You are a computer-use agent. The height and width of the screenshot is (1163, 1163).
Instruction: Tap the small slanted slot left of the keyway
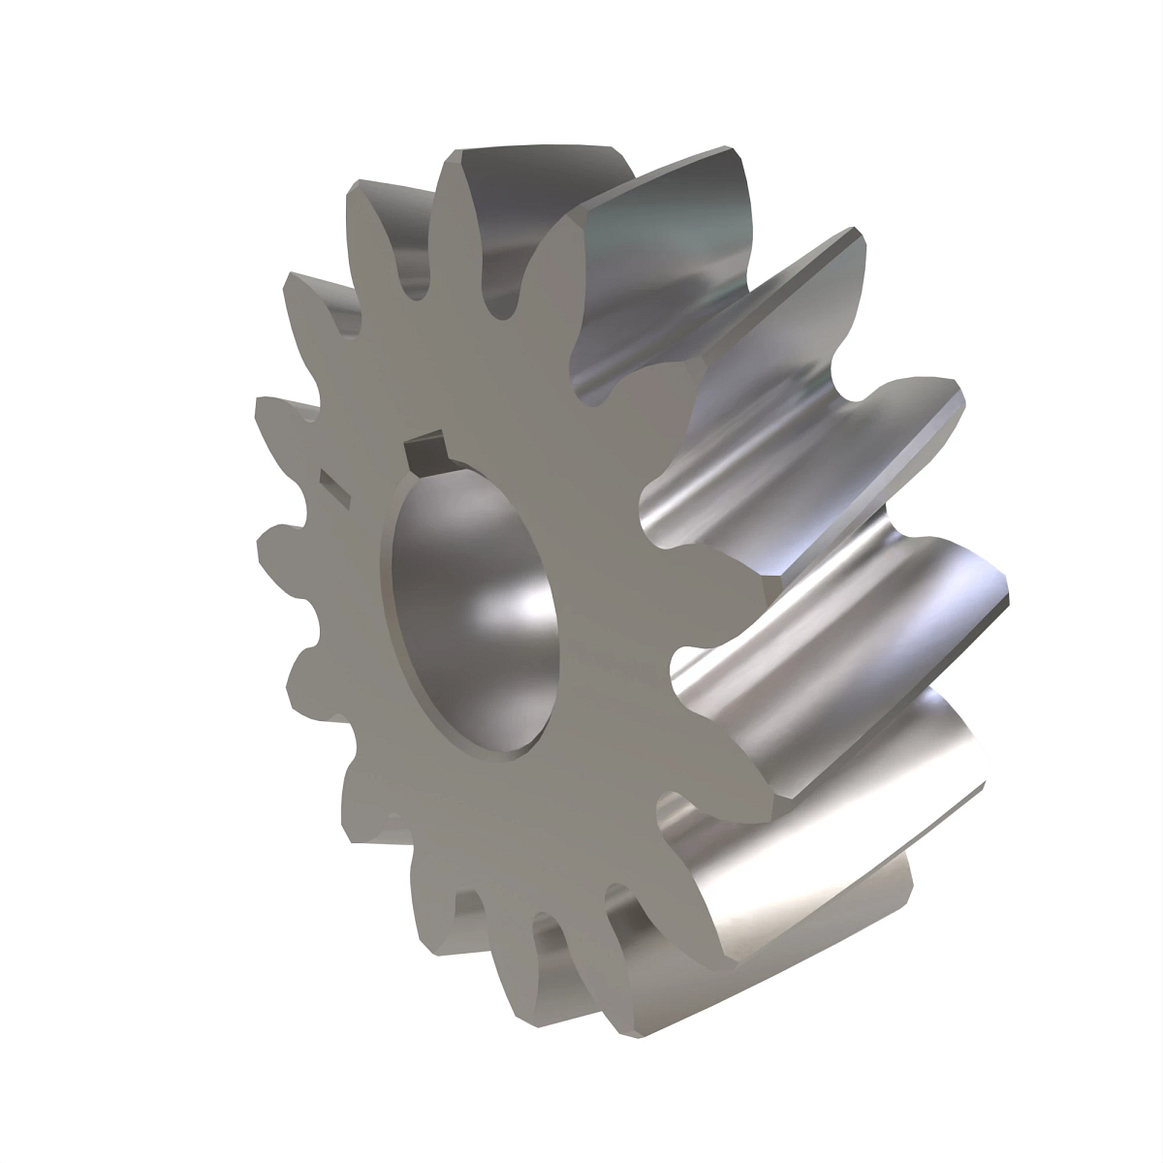pos(332,485)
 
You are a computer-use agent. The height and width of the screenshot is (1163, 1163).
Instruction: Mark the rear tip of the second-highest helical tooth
pos(858,237)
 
